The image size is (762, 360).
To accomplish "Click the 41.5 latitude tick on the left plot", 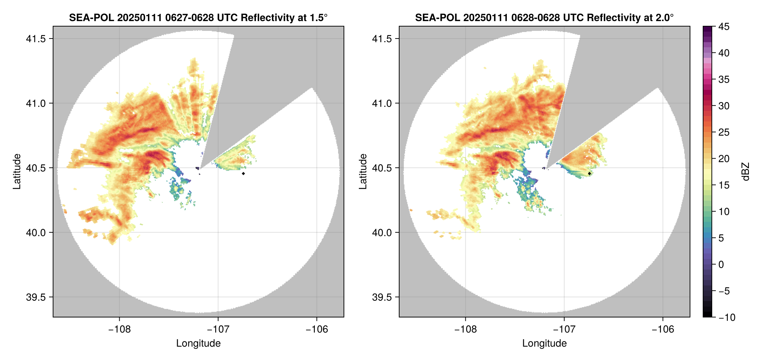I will click(x=36, y=39).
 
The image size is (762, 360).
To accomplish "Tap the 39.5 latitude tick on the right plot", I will click(x=382, y=297).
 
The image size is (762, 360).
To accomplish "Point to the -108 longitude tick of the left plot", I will click(x=119, y=329).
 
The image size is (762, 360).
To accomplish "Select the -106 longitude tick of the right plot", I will click(x=663, y=329).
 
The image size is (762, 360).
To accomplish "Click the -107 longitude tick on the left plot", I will click(x=218, y=329).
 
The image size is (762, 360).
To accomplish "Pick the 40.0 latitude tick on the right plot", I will click(x=382, y=233).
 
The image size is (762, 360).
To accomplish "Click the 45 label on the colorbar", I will click(x=723, y=27).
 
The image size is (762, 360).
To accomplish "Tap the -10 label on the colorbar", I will click(x=727, y=317).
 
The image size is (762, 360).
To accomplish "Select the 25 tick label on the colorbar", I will click(x=723, y=132).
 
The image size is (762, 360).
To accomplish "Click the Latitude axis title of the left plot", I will click(x=17, y=172).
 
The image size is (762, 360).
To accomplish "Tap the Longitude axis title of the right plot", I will click(x=544, y=343).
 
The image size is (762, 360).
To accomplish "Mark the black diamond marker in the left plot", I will click(x=243, y=173).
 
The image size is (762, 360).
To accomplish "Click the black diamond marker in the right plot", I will click(x=589, y=173).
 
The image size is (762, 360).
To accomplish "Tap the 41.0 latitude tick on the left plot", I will click(x=36, y=103).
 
